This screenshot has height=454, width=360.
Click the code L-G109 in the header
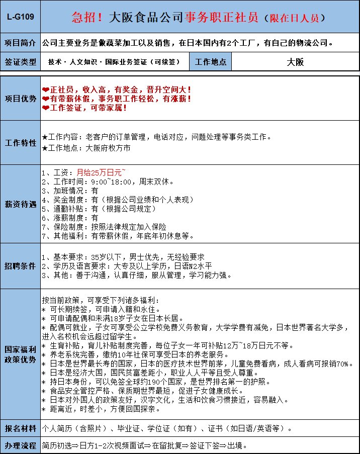click(21, 17)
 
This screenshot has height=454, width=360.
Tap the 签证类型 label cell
click(21, 62)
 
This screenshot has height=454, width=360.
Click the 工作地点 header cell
click(211, 62)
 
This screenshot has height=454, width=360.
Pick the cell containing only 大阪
click(295, 62)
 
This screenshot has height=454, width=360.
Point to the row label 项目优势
click(21, 98)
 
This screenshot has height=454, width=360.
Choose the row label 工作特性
click(21, 142)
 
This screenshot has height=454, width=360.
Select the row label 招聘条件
click(21, 265)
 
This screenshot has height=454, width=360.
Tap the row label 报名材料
click(21, 428)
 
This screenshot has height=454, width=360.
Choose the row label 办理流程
click(21, 446)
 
